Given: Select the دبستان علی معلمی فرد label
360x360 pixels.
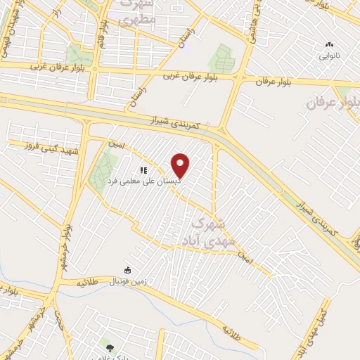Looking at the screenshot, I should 144,181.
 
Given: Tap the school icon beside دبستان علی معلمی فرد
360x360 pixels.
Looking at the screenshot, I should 143,169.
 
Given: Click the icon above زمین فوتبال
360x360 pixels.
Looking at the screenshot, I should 127,271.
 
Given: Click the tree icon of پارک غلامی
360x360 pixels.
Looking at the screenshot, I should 108,346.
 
